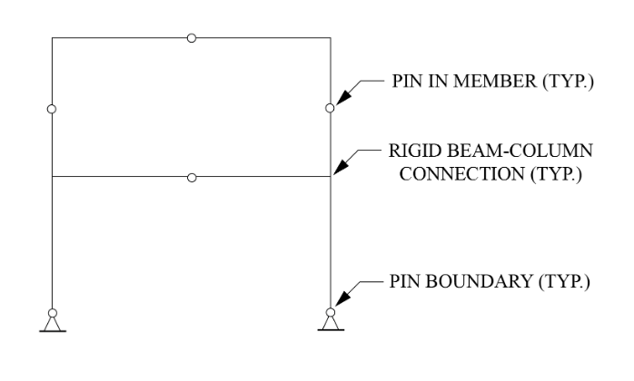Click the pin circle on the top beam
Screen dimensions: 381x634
(191, 38)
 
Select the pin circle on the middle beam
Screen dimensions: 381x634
(191, 177)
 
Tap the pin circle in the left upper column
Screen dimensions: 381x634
(52, 109)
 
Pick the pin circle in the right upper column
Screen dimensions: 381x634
(330, 109)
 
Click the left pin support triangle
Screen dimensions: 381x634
(52, 320)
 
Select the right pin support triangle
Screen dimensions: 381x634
(330, 320)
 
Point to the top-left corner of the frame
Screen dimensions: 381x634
(52, 38)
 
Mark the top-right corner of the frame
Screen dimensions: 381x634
(330, 38)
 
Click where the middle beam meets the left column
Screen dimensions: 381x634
(52, 177)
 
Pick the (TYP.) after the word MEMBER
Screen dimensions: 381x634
(566, 83)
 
